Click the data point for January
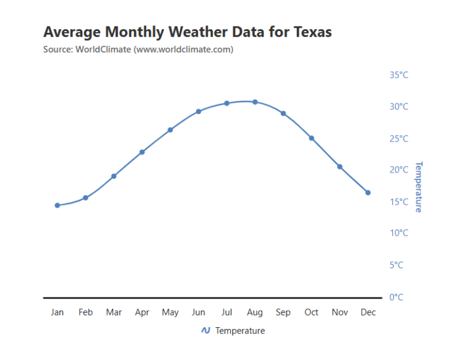click(x=58, y=205)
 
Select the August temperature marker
click(x=255, y=102)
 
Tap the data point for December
click(x=368, y=193)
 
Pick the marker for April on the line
click(x=142, y=152)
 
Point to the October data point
click(x=312, y=138)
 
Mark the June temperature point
click(x=199, y=111)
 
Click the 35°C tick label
click(x=399, y=75)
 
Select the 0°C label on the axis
click(x=396, y=298)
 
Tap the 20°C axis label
click(x=399, y=169)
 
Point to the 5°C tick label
click(x=396, y=265)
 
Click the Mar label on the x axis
click(x=114, y=312)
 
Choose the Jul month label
click(x=226, y=312)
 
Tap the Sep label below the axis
click(x=283, y=312)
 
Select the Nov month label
click(x=340, y=312)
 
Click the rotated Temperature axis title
click(x=418, y=187)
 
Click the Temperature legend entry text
click(x=240, y=330)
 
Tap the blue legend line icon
click(x=206, y=330)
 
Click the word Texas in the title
click(x=312, y=32)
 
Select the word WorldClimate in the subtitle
click(x=103, y=49)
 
